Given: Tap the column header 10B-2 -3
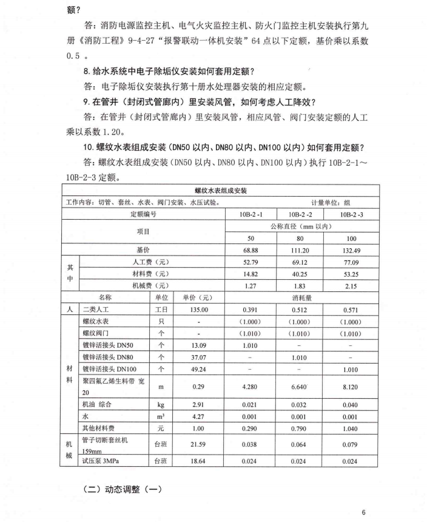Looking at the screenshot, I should pyautogui.click(x=351, y=214).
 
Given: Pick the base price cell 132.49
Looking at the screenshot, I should pyautogui.click(x=351, y=250).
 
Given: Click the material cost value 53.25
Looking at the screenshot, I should pyautogui.click(x=351, y=274).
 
